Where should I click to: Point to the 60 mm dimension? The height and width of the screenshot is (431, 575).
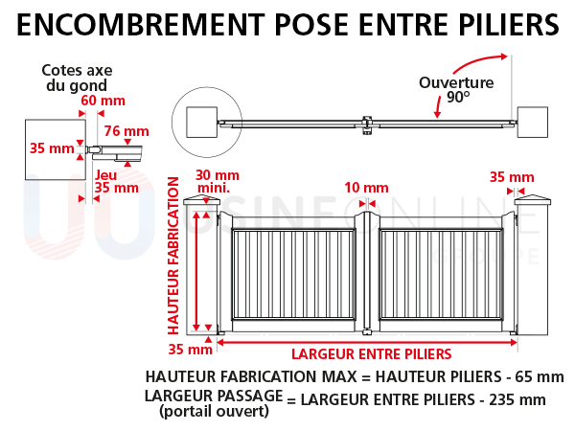point(102,102)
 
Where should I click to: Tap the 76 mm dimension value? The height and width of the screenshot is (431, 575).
point(126,131)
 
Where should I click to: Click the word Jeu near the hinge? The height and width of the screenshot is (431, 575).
point(106,173)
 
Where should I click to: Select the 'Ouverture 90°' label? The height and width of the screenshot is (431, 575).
point(456,89)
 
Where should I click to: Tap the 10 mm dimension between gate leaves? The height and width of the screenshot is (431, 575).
point(368,187)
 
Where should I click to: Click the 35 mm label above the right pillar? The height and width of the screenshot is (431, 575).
point(512,177)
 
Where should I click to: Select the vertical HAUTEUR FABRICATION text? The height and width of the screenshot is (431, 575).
point(173,253)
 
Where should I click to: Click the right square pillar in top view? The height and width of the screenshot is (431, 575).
point(531,120)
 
